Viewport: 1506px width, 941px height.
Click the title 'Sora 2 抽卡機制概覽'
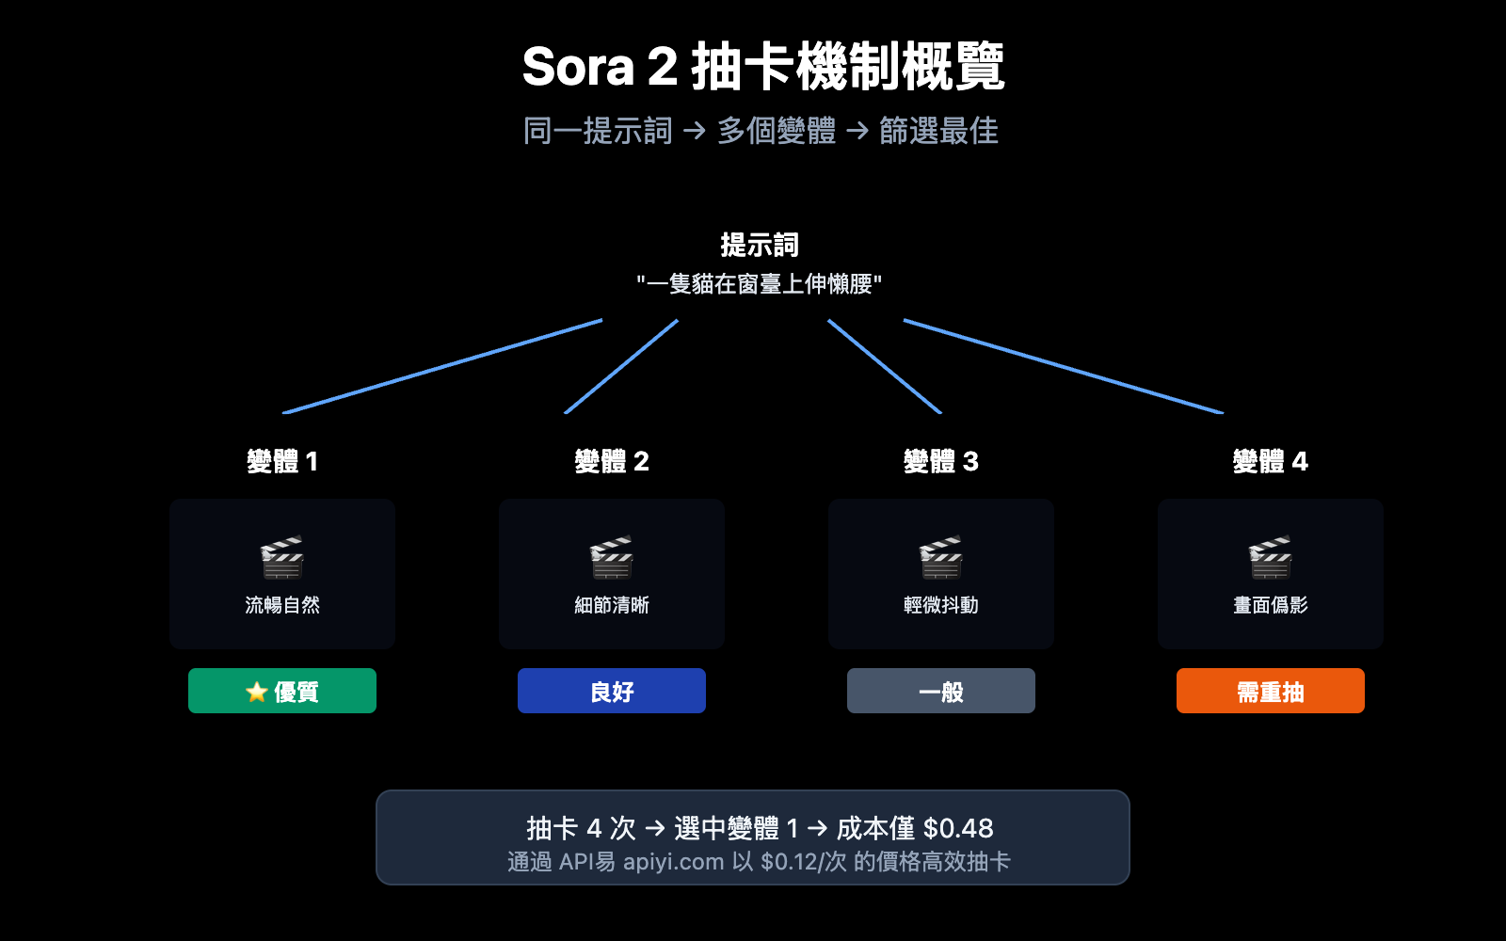pyautogui.click(x=762, y=67)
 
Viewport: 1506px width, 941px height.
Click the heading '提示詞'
pyautogui.click(x=759, y=245)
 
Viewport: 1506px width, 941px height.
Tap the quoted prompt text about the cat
pyautogui.click(x=759, y=284)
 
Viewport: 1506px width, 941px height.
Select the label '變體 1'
pyautogui.click(x=282, y=461)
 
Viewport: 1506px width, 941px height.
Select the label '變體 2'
pyautogui.click(x=612, y=461)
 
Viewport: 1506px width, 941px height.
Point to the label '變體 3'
pyautogui.click(x=941, y=461)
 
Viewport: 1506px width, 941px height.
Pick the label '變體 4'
pyautogui.click(x=1271, y=461)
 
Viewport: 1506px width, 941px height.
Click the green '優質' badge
pyautogui.click(x=282, y=691)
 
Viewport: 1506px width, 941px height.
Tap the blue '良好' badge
pyautogui.click(x=612, y=691)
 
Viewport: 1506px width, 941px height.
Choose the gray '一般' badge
pyautogui.click(x=941, y=691)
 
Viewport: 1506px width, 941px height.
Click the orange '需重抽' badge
pyautogui.click(x=1271, y=691)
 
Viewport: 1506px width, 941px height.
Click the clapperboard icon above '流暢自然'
pyautogui.click(x=282, y=557)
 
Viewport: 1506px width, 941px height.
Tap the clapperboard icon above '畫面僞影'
pyautogui.click(x=1271, y=557)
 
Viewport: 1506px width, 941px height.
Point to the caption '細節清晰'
pyautogui.click(x=612, y=605)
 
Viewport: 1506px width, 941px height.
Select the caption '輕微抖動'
pyautogui.click(x=941, y=605)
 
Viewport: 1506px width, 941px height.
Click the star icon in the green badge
pyautogui.click(x=256, y=693)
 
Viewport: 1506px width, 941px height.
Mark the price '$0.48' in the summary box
pyautogui.click(x=958, y=828)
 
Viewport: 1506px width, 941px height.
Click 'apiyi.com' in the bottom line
pyautogui.click(x=673, y=862)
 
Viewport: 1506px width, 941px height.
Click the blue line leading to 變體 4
pyautogui.click(x=1064, y=366)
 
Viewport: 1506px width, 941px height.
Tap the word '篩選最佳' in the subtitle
pyautogui.click(x=938, y=131)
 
